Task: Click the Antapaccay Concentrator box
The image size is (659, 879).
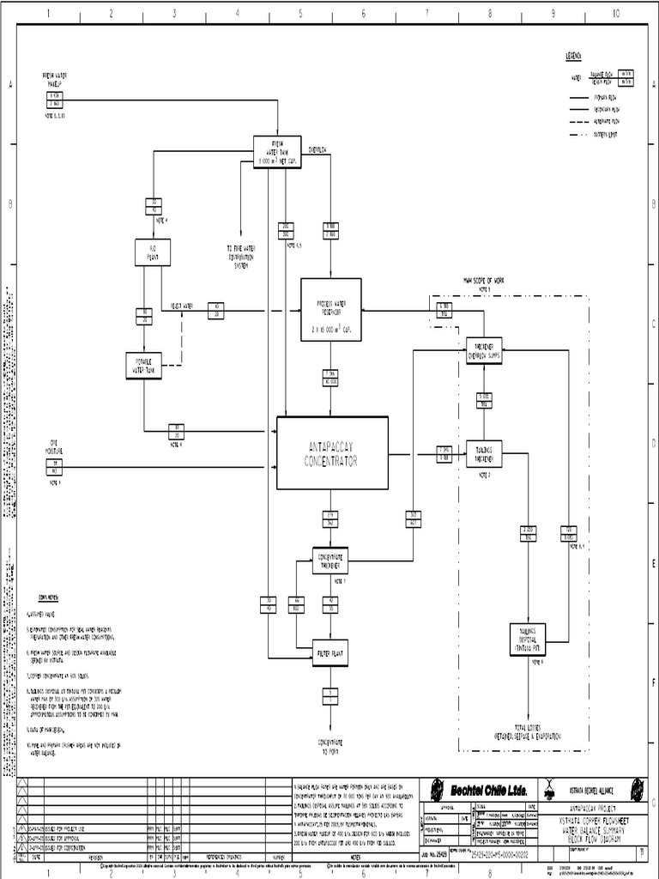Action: point(332,453)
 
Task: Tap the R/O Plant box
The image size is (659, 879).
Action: point(153,252)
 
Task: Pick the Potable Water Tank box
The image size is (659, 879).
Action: point(143,366)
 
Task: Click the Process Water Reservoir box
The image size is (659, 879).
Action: point(330,310)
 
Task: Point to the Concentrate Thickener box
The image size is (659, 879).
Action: point(329,561)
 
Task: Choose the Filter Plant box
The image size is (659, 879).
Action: point(329,652)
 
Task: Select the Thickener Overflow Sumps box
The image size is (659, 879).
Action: point(484,350)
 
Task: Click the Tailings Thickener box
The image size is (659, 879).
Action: point(484,454)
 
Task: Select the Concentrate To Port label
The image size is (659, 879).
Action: point(329,744)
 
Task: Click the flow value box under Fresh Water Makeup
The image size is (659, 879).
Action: point(54,99)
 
